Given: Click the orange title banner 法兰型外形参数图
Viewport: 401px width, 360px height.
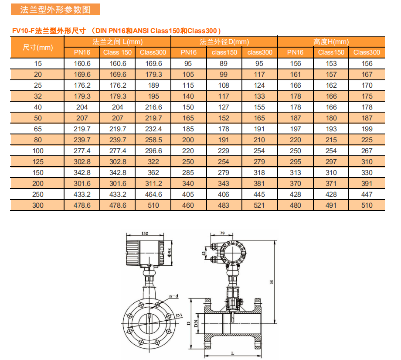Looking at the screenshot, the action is (x=55, y=10).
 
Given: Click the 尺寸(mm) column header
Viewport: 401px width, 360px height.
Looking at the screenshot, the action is (x=37, y=48).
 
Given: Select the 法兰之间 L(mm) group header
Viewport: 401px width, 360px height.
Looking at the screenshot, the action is (x=117, y=42).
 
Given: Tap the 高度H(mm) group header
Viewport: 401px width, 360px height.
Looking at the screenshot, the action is (x=331, y=42).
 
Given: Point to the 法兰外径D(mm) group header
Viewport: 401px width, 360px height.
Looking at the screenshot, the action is (x=224, y=42).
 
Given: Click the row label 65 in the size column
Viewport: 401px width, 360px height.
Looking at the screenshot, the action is (x=37, y=129).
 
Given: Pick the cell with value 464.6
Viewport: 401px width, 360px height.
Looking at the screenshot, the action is (x=153, y=194).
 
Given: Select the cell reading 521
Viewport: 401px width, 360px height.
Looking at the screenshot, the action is (x=259, y=206).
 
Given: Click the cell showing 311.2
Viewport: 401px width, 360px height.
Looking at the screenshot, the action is (x=153, y=183).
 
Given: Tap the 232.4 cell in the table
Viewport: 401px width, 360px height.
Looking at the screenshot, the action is (x=153, y=129).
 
